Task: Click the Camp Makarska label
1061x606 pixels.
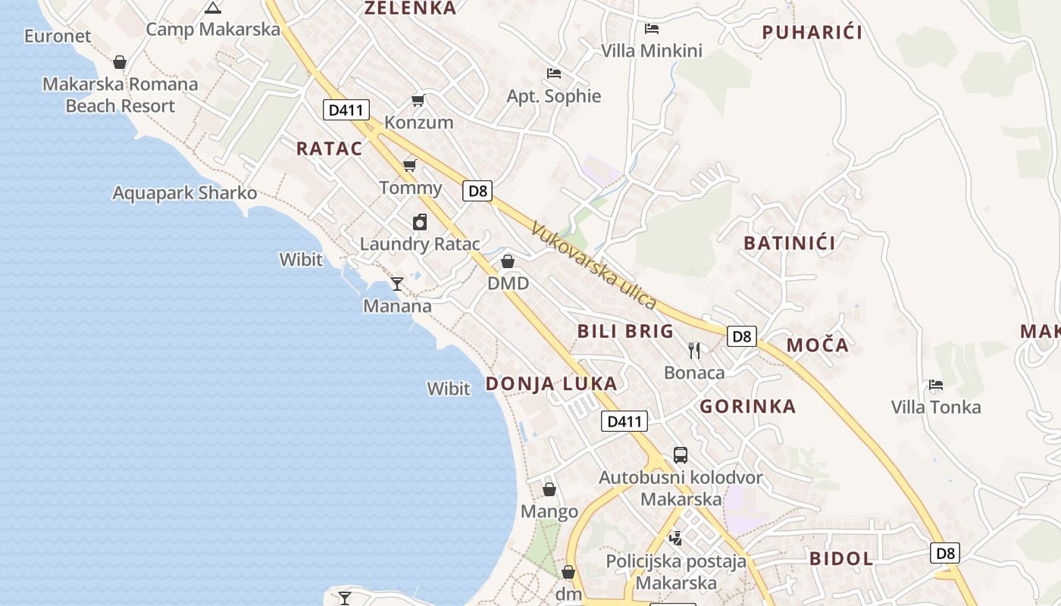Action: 213,30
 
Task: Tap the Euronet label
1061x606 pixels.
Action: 58,36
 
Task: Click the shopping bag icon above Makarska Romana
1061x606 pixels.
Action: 120,62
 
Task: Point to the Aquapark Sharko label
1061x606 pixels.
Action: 185,192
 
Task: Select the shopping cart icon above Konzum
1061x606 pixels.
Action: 418,101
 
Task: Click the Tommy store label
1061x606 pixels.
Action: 411,187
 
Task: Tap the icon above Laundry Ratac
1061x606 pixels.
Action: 420,222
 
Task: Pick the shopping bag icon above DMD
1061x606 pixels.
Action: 508,261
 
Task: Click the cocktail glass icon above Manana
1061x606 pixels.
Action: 396,284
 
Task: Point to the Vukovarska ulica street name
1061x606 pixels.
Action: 593,265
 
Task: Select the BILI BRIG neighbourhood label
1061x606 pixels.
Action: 625,331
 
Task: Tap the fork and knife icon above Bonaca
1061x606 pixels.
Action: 694,350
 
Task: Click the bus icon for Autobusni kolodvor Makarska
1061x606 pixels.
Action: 681,455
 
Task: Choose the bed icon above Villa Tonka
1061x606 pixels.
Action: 936,385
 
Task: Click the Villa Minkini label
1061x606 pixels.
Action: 652,51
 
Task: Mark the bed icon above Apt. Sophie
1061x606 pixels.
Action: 554,73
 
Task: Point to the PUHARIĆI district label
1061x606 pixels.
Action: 812,32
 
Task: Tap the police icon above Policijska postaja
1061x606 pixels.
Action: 675,539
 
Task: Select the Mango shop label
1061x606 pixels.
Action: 549,511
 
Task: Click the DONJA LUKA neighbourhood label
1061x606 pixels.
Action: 551,384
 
